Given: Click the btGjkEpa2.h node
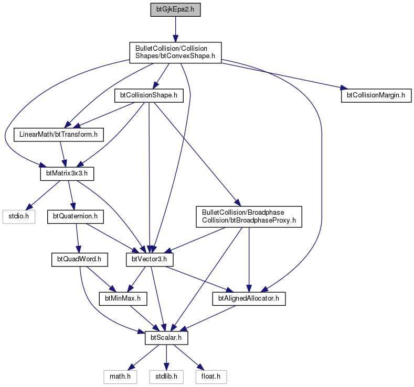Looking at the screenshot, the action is [x=175, y=10].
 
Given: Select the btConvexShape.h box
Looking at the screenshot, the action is [x=175, y=52].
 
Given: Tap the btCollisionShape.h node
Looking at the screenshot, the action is [x=149, y=95].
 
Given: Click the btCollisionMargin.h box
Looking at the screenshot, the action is [x=376, y=95].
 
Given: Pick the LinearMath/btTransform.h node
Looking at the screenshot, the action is [x=59, y=135].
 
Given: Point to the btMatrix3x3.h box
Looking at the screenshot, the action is [x=67, y=174].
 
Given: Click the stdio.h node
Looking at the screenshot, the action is [x=19, y=217].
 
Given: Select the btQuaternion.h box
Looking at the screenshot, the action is [x=76, y=217].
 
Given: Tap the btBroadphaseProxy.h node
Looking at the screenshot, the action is [x=249, y=217].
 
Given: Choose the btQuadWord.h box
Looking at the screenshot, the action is [x=79, y=260].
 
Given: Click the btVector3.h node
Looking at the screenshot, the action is [x=150, y=260].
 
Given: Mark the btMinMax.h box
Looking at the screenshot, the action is [x=123, y=298].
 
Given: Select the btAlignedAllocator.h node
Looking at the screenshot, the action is [x=249, y=298].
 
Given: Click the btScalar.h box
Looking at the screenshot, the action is [x=166, y=338].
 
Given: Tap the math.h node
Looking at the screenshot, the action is [x=120, y=377].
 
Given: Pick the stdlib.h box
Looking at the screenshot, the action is [x=166, y=377].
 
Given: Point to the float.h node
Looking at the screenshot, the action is [x=211, y=377].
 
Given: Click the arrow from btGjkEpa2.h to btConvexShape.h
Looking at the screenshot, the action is [x=175, y=29].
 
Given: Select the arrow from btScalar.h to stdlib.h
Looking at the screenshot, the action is [x=166, y=357].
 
